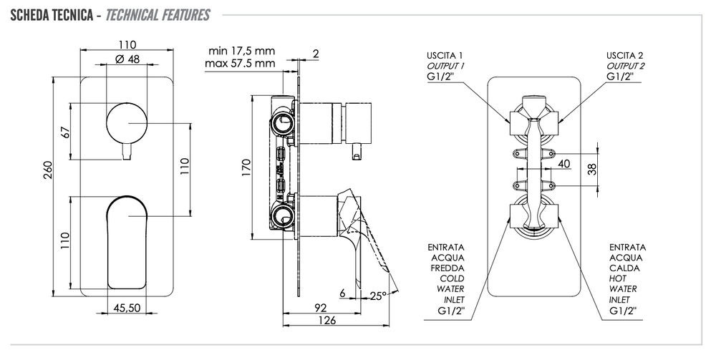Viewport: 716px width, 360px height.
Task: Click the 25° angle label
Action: [379, 295]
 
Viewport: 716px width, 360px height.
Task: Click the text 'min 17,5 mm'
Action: [242, 51]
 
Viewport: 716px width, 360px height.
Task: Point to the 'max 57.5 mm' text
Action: [241, 63]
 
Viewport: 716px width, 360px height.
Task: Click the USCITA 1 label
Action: [445, 55]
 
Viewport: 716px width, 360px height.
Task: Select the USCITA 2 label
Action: [625, 55]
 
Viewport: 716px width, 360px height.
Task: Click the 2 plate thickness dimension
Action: [316, 53]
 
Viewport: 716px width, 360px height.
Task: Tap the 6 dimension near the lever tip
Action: [344, 293]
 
